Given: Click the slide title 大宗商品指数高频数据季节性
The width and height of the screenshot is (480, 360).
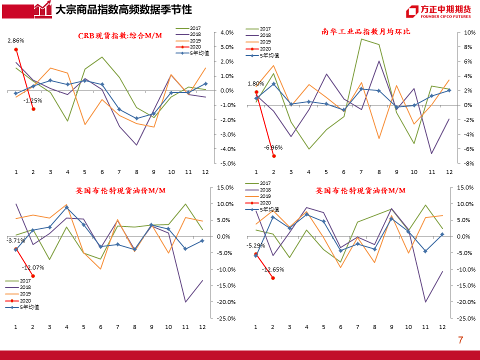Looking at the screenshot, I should click(x=123, y=9).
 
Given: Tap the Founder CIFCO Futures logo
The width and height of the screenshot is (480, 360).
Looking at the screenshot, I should click(x=438, y=11).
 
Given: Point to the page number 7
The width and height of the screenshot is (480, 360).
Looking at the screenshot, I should click(x=460, y=340).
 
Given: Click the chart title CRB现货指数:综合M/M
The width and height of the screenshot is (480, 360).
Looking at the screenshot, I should click(x=120, y=35).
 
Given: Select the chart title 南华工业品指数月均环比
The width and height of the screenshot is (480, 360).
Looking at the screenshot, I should click(x=365, y=31).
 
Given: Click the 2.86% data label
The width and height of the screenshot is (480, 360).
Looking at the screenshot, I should click(x=16, y=40).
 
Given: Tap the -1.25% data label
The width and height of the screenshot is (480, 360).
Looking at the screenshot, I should click(x=33, y=100).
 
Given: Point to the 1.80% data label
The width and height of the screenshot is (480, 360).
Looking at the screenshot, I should click(x=255, y=83).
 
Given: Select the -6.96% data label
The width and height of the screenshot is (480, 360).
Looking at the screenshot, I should click(x=273, y=147).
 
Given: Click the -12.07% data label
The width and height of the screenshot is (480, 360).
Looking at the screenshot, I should click(x=33, y=267).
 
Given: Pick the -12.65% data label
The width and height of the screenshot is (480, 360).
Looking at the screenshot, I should click(x=273, y=269).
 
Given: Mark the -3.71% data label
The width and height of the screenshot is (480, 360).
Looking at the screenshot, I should click(x=15, y=240).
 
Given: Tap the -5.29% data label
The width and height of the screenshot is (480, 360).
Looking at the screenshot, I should click(x=255, y=245).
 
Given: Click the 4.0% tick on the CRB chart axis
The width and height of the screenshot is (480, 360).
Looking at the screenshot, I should click(x=226, y=32).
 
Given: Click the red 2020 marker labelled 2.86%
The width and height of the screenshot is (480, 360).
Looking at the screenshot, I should click(x=16, y=49).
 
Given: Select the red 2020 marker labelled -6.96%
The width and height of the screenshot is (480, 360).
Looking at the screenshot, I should click(x=273, y=156).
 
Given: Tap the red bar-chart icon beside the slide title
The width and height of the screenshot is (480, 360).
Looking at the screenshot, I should click(x=43, y=8).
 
